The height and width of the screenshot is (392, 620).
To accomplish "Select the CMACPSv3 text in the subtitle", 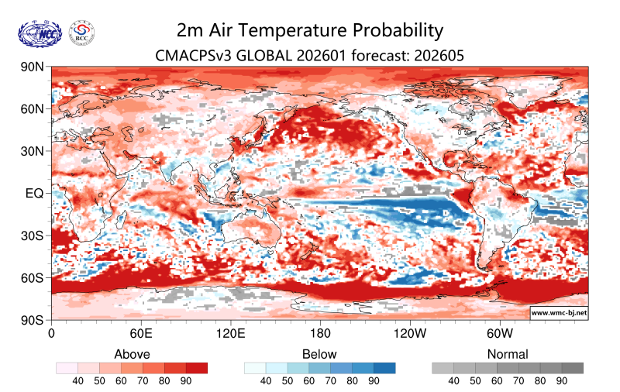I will click(192, 55).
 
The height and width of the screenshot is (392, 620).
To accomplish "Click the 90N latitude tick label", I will click(33, 67).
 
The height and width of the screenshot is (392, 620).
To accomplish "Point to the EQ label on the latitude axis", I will click(33, 193).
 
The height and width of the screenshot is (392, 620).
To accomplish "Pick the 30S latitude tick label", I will click(33, 236).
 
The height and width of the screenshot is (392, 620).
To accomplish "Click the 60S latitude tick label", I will click(33, 277).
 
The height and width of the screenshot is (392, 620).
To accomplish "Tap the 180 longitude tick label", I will click(320, 334).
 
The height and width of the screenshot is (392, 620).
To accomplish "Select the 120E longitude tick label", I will click(230, 334).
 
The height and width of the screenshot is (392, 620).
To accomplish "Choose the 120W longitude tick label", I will click(409, 334).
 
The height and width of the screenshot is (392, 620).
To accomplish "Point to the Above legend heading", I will click(132, 354).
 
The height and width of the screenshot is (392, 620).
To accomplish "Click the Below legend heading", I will click(319, 354).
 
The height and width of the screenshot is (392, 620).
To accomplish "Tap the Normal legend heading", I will click(508, 354).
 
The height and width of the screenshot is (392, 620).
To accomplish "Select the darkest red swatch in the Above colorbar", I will click(197, 368).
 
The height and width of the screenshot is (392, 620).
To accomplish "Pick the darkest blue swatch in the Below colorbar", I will click(384, 368).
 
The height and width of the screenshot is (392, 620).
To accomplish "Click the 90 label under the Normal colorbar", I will click(562, 381).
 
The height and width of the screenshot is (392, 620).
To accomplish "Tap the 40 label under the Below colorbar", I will click(266, 381).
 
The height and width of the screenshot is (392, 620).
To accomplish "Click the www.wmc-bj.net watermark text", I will click(558, 313).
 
